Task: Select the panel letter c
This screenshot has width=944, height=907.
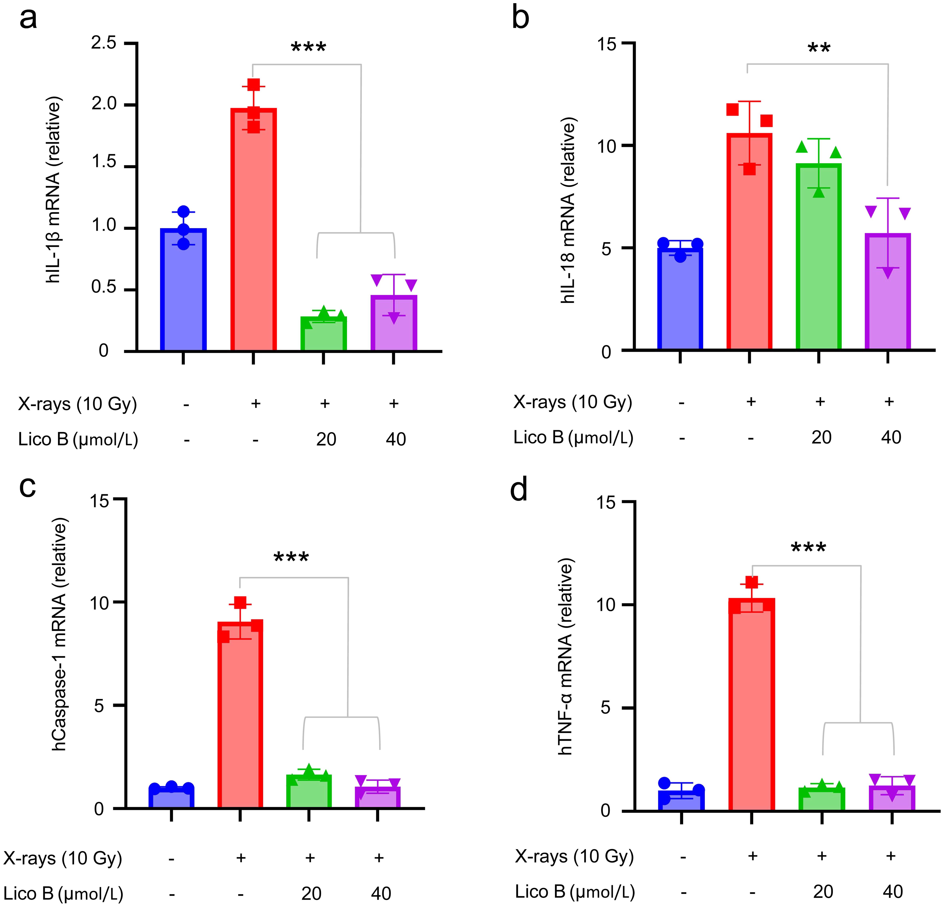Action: coord(27,487)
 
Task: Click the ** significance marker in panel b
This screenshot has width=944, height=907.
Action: coord(819,48)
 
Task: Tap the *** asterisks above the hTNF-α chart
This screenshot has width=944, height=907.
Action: coord(809,548)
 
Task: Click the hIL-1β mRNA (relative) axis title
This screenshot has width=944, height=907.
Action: coord(54,190)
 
